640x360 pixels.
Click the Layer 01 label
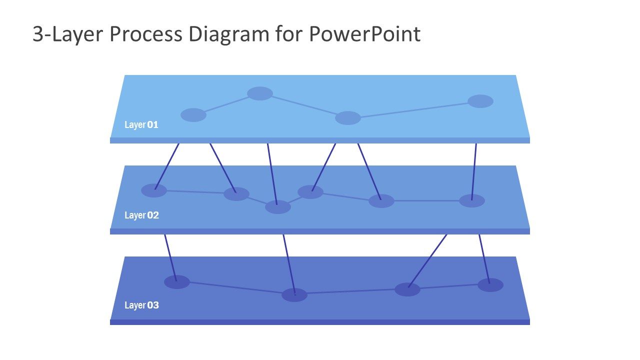pos(141,125)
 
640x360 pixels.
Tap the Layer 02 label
pos(141,215)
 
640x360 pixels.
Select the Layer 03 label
pos(141,305)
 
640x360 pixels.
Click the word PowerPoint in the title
pos(364,34)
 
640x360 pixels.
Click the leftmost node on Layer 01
pos(193,115)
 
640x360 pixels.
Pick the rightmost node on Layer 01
pos(480,101)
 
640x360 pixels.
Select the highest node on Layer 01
pos(260,93)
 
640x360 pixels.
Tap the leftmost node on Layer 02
pos(154,190)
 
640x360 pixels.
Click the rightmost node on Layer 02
pos(472,200)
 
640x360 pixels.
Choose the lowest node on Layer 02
pos(278,207)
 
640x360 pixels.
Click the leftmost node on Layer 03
pos(177,282)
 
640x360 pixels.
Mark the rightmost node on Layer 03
pos(490,285)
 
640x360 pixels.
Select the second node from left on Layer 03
pos(294,295)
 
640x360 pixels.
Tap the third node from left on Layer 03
pos(407,289)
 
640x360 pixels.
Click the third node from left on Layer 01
pos(348,118)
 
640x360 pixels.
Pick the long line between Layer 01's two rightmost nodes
pos(414,109)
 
